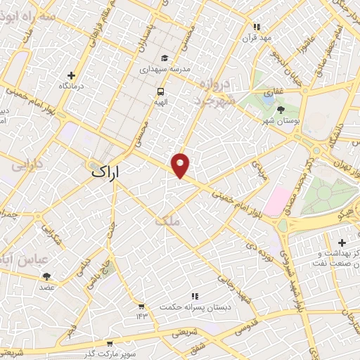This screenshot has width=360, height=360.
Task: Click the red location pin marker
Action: click(181, 165)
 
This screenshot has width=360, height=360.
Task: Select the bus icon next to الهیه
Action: click(161, 91)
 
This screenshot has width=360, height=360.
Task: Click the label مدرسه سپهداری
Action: click(164, 70)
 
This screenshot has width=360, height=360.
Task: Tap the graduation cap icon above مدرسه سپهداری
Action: click(164, 58)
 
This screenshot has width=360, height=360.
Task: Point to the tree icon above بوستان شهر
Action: click(281, 109)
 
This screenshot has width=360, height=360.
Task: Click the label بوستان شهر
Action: click(281, 121)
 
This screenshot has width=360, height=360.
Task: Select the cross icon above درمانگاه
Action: click(71, 75)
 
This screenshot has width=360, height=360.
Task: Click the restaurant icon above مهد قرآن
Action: click(257, 27)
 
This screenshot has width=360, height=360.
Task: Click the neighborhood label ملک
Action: click(169, 221)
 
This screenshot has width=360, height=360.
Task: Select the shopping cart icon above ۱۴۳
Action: click(141, 307)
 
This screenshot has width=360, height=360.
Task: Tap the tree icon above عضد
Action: click(46, 276)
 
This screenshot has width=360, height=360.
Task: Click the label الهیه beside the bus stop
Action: click(161, 101)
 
